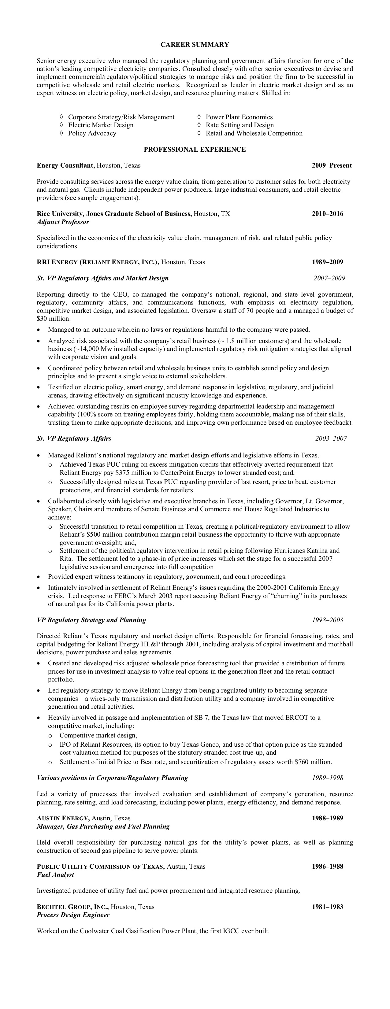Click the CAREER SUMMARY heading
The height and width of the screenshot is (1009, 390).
pos(195,45)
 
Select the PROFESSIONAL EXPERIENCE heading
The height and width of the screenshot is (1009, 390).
pos(195,149)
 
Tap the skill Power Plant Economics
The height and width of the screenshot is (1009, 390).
pos(239,117)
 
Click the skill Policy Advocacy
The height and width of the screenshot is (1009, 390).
pos(92,133)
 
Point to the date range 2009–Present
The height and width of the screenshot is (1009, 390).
pos(332,165)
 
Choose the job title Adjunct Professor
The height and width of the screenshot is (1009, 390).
pos(63,222)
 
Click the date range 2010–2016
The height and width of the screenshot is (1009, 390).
pos(327,214)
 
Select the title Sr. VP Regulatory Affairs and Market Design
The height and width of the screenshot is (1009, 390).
pos(103,279)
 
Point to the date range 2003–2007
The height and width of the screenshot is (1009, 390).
pos(331,439)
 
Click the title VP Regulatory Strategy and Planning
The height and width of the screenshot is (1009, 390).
pos(91,620)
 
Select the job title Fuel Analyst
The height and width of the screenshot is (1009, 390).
pos(55,875)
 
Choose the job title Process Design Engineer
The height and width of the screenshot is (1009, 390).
pos(73,915)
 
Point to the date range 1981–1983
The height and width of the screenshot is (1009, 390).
pos(327,907)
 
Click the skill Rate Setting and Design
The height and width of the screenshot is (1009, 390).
pos(240,125)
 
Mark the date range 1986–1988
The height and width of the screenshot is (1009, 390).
pos(327,867)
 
